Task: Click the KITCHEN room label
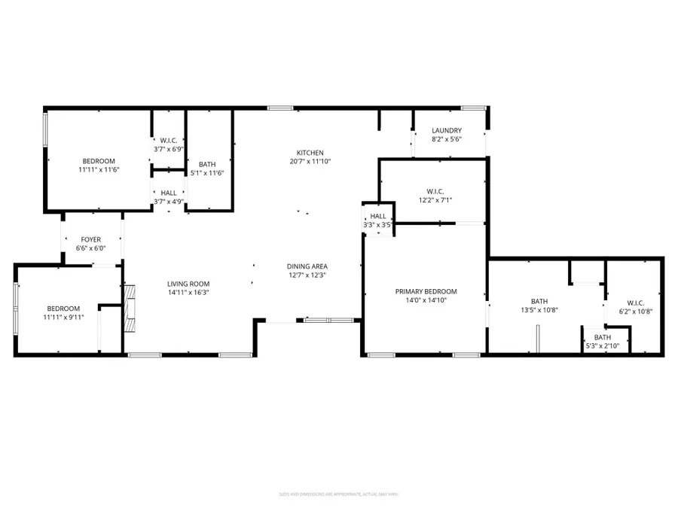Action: click(310, 151)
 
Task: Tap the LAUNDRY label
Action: click(447, 130)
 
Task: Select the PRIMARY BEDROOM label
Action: click(426, 291)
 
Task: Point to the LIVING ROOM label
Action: click(188, 284)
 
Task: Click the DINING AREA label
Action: click(307, 266)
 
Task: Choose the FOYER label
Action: click(90, 239)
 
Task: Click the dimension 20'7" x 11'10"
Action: click(310, 161)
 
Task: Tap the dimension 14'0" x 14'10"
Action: click(426, 301)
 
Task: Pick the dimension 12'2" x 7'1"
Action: click(436, 200)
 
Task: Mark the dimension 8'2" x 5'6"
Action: click(447, 139)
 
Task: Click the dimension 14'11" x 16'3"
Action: click(188, 293)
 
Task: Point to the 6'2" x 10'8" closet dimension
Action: click(635, 311)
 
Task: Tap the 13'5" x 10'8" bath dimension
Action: click(539, 310)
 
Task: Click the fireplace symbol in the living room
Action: click(130, 309)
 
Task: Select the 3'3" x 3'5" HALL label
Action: click(377, 216)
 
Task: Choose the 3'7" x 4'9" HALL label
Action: click(168, 193)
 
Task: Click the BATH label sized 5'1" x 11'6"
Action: click(207, 164)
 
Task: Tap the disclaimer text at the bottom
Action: click(338, 494)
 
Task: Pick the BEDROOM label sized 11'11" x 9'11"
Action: click(63, 308)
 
